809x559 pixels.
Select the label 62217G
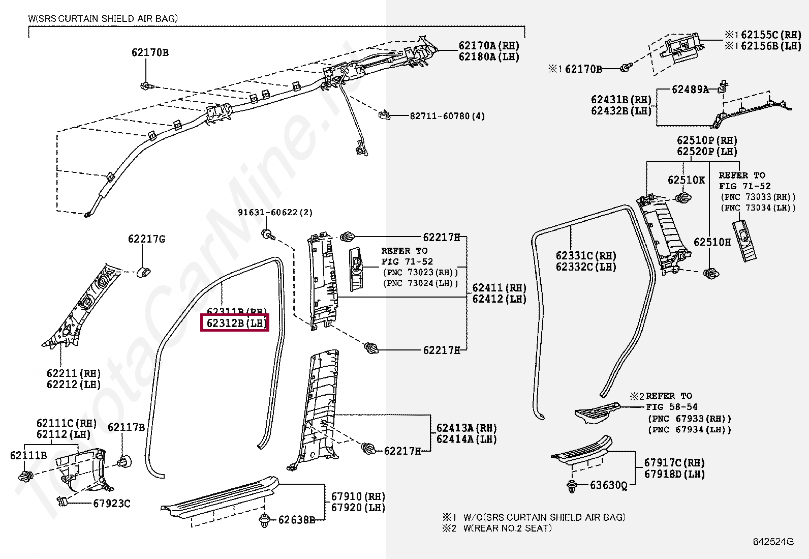click(146, 239)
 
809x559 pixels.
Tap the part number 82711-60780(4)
click(447, 116)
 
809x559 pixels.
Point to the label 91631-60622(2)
click(275, 213)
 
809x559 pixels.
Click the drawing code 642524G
click(773, 542)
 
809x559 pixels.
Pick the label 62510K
click(686, 180)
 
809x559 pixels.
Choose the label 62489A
click(690, 90)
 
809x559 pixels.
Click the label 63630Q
click(608, 485)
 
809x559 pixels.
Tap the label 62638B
click(296, 520)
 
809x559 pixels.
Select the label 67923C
click(111, 504)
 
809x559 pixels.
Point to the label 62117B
click(126, 427)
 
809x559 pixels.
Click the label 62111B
click(28, 455)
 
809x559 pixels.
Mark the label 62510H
click(712, 242)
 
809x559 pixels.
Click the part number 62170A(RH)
click(489, 46)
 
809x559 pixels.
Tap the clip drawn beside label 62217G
click(144, 272)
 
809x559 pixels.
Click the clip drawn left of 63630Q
click(572, 486)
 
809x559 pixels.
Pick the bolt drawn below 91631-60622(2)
click(267, 234)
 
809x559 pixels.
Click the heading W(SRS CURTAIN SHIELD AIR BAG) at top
click(103, 19)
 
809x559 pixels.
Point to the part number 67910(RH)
click(358, 496)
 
